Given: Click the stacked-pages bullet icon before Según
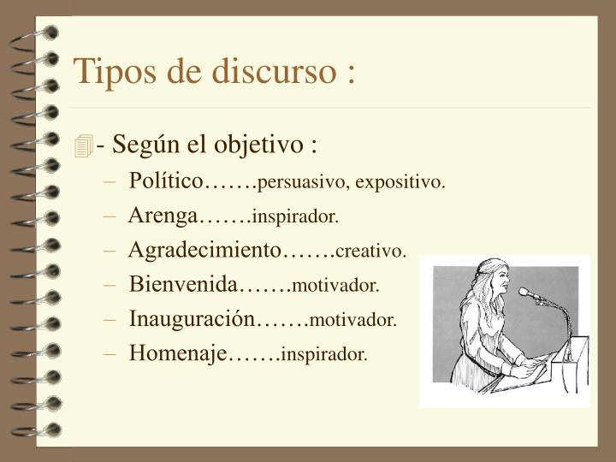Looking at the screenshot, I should pos(83,146).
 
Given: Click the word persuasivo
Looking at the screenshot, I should pos(304,183).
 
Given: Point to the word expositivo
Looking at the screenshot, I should pos(400,183).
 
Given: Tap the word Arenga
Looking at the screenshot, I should pos(163,216).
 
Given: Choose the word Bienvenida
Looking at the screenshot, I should pos(182,284).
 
